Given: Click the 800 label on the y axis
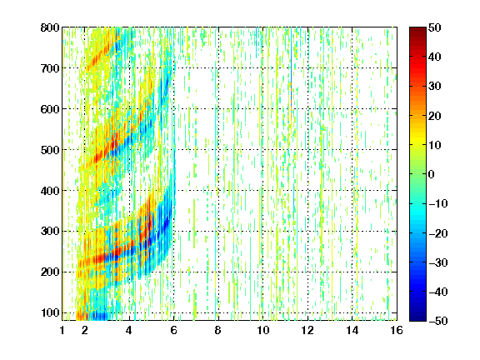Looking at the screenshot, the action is [x=50, y=27].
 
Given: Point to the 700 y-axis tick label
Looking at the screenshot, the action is [x=50, y=68].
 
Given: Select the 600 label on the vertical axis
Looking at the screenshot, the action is [x=50, y=109].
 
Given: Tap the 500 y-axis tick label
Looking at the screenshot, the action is [x=50, y=150].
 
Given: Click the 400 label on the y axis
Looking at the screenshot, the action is [x=50, y=191].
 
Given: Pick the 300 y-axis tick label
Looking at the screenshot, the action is [x=50, y=231].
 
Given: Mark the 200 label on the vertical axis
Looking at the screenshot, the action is [x=50, y=272].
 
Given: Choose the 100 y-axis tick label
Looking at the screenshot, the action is [x=50, y=312].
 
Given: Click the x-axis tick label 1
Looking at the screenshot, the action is [x=62, y=330].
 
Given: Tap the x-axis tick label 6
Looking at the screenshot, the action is [x=173, y=330].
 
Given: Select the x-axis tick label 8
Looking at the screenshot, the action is [x=217, y=330].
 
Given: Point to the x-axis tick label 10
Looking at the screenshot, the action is [x=262, y=330].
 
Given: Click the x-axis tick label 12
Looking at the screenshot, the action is [x=307, y=330].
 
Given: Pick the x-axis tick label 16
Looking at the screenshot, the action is [x=397, y=330].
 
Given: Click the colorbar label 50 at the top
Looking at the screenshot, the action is [x=434, y=27].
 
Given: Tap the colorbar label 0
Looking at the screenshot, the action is [x=432, y=174].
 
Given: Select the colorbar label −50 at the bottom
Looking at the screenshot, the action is [x=438, y=321].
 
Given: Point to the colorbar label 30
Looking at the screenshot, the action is [x=434, y=86].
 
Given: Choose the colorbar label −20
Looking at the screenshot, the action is [x=438, y=233].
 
